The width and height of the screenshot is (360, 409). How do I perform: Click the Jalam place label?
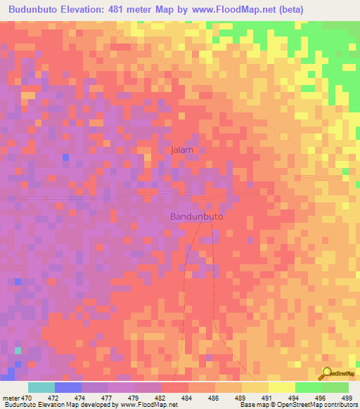[x=182, y=150]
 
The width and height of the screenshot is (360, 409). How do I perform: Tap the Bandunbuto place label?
[x=197, y=217]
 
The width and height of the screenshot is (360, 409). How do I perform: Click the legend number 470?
[x=27, y=398]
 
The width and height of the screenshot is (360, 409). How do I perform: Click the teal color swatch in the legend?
[x=41, y=387]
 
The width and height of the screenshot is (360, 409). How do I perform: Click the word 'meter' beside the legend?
[x=11, y=398]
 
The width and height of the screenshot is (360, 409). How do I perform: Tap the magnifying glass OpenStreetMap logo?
[x=328, y=374]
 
